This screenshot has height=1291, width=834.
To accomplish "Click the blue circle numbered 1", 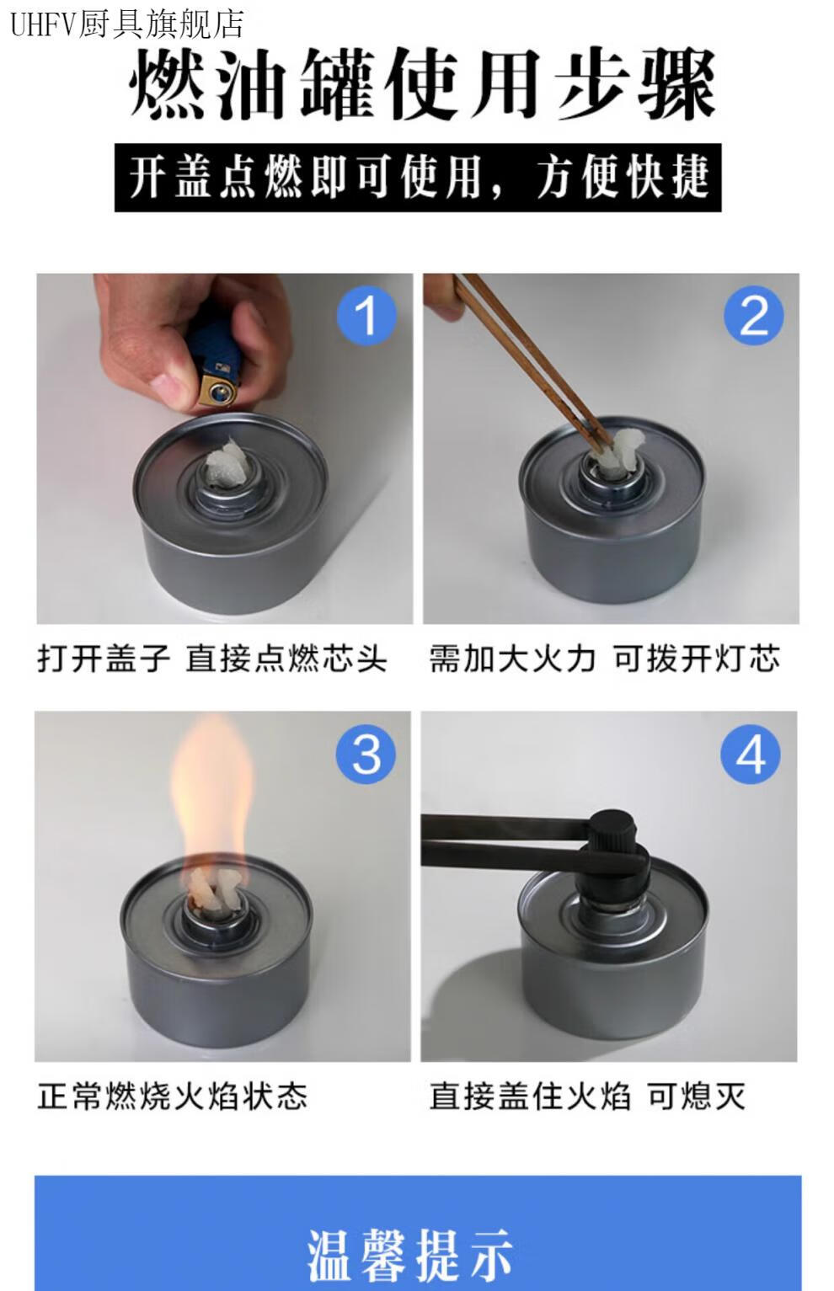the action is (366, 316).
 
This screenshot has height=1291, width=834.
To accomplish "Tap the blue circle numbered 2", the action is (753, 316).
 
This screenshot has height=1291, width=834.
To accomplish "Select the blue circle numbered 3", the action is (366, 755).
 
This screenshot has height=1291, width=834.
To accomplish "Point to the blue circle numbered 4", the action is (751, 755).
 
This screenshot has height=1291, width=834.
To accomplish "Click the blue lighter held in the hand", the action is (217, 362).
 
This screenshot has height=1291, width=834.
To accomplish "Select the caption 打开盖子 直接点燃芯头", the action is (211, 659).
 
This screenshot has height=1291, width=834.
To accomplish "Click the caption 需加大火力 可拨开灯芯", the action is (604, 659).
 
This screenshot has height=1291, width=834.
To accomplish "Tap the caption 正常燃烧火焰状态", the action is (173, 1096).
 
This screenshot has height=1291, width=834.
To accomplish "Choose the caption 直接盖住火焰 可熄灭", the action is (588, 1096).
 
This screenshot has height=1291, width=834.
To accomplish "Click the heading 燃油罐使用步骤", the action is (422, 84).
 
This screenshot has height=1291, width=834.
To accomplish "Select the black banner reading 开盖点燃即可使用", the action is (418, 178).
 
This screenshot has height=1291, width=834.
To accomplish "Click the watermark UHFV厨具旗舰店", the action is (127, 24).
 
